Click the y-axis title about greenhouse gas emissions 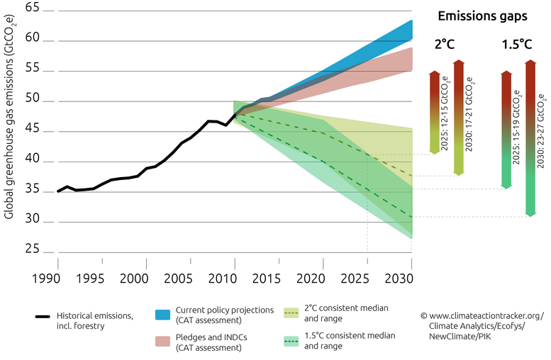(10, 131)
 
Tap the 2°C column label (445, 44)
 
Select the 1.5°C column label (516, 44)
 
